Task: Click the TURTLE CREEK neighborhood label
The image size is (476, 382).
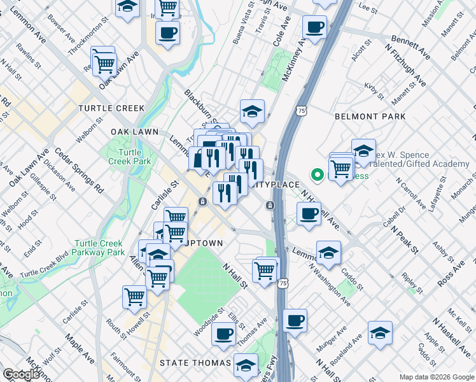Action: (x=111, y=108)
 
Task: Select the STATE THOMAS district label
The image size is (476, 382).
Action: (x=195, y=363)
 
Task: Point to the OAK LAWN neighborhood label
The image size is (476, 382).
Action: (x=134, y=131)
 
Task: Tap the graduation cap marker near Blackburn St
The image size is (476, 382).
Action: (x=252, y=112)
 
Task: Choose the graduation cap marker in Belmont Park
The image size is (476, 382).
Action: (x=363, y=151)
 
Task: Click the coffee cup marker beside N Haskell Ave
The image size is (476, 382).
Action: (x=309, y=214)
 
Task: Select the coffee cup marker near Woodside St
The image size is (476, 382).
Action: (x=223, y=333)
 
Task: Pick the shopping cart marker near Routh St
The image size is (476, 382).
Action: (x=134, y=297)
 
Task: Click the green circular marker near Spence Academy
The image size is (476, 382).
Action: (x=316, y=174)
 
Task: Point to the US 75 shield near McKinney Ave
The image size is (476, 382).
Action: (x=300, y=111)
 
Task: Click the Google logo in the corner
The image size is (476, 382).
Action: (x=21, y=374)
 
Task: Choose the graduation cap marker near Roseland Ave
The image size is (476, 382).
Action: (x=380, y=333)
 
